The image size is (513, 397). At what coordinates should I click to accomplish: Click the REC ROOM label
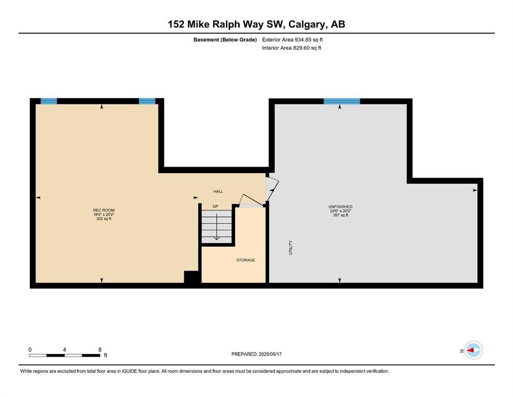click(x=104, y=210)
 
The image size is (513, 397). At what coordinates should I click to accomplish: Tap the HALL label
click(x=218, y=191)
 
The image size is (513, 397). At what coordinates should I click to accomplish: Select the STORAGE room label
click(x=246, y=260)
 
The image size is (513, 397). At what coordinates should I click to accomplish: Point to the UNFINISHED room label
click(x=340, y=207)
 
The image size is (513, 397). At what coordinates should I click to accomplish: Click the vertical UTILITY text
click(x=290, y=248)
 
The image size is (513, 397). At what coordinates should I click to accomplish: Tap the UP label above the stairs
click(x=215, y=207)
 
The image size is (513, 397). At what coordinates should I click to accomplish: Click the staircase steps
click(x=216, y=227)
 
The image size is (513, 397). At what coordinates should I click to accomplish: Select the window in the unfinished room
click(x=342, y=101)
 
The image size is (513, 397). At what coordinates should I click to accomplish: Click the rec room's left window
click(x=49, y=101)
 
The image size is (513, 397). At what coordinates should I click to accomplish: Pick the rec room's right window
click(x=147, y=101)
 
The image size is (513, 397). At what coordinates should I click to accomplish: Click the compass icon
click(x=473, y=350)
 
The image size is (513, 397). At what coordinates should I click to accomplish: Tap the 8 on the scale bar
click(x=100, y=349)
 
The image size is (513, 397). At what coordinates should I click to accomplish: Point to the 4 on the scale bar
click(x=65, y=349)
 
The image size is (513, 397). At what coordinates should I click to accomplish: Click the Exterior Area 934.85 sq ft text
click(x=292, y=40)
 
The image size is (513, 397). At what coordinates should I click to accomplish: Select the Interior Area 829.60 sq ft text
click(x=291, y=48)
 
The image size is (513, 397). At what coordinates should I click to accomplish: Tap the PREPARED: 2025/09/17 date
click(x=256, y=354)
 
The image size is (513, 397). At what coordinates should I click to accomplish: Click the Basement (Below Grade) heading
click(x=225, y=40)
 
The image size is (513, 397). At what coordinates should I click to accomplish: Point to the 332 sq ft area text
click(x=104, y=219)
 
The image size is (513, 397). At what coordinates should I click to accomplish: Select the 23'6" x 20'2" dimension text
click(x=340, y=211)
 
